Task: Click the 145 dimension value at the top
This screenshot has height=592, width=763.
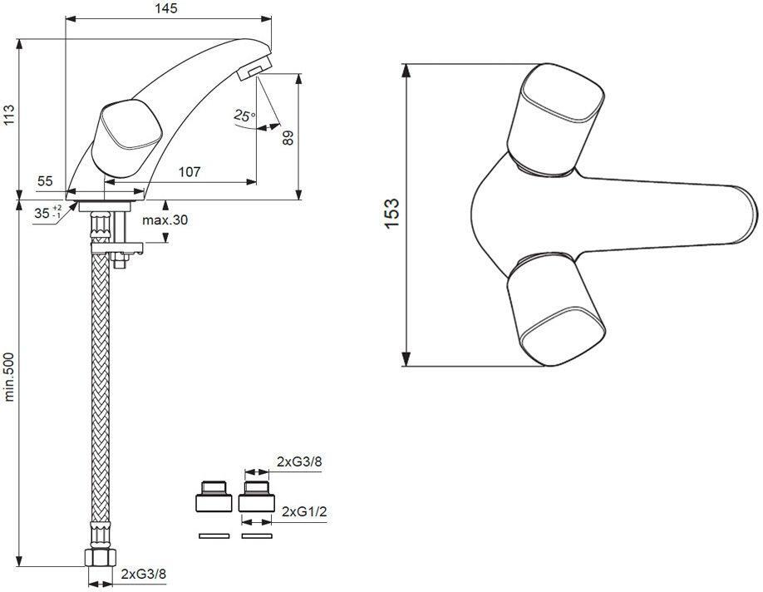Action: [167, 9]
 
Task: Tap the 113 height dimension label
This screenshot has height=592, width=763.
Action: [9, 115]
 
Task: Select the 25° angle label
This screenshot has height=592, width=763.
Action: [244, 116]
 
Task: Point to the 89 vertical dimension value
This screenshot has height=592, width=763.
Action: [288, 138]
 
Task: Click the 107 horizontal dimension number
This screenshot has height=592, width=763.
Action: [190, 172]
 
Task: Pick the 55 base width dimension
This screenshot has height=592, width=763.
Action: [45, 181]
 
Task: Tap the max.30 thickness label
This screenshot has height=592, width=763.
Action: [165, 220]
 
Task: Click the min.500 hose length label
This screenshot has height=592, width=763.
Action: [9, 377]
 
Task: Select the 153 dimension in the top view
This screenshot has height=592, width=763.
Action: [391, 213]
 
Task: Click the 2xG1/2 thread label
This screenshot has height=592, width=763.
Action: [304, 511]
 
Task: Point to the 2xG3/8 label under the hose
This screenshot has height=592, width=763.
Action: [144, 574]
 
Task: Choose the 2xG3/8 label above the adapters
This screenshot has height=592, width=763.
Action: [299, 462]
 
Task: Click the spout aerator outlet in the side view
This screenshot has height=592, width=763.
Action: [254, 68]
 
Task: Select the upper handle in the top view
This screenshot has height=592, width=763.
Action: [555, 118]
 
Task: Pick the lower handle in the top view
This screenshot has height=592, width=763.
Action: [555, 309]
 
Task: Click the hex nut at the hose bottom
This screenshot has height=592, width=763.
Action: [101, 557]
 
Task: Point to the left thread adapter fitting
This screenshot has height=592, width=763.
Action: [214, 496]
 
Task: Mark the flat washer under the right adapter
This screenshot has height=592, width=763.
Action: [257, 536]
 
